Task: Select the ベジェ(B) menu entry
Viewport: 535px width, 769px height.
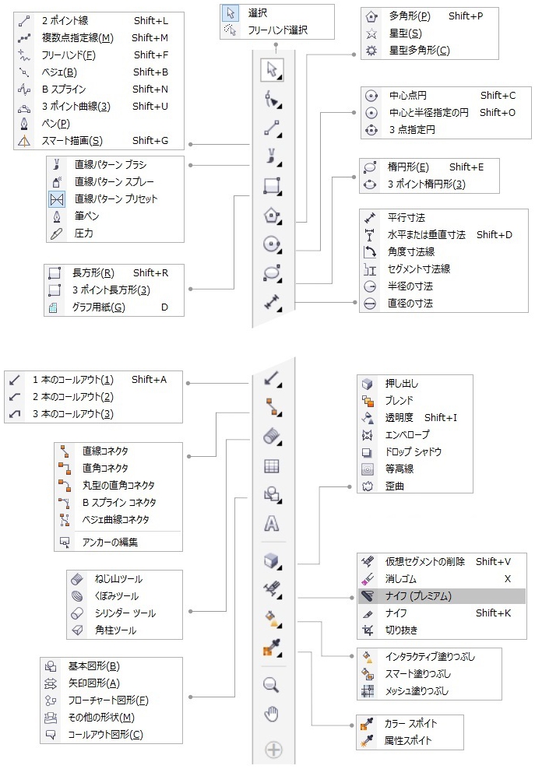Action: [x=59, y=72]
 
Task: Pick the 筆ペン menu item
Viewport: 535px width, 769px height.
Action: [x=86, y=216]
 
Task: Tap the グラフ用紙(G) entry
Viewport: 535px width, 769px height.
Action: [x=98, y=307]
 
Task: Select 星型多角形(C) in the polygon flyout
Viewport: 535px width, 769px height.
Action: [x=419, y=50]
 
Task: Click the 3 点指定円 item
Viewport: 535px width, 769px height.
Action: [x=411, y=130]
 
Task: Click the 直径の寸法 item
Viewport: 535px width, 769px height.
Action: [x=410, y=303]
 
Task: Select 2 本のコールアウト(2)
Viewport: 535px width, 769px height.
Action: [x=72, y=397]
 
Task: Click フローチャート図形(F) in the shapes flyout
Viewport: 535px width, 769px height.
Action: [x=107, y=700]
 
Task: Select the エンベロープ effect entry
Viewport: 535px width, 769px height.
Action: [x=407, y=434]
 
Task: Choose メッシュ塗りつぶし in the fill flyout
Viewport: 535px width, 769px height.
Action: [x=417, y=690]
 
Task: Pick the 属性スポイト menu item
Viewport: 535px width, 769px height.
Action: [x=407, y=740]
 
